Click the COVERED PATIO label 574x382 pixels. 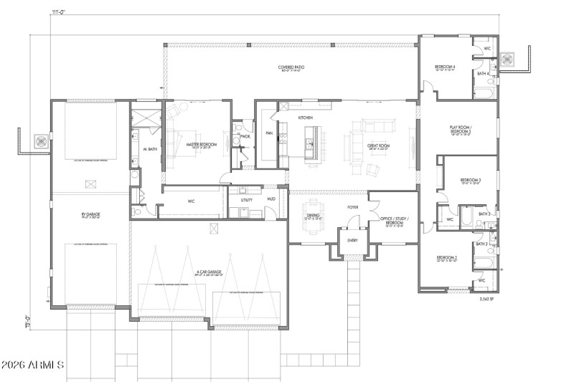point(292,68)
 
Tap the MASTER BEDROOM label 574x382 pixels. point(202,145)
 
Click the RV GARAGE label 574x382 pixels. point(88,213)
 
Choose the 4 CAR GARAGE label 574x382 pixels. point(209,272)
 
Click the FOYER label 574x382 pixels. point(353,207)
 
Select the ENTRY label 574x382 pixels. point(352,240)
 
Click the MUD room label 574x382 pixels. point(271,199)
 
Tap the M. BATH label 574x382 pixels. point(150,149)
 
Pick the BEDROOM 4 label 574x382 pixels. point(445,67)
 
